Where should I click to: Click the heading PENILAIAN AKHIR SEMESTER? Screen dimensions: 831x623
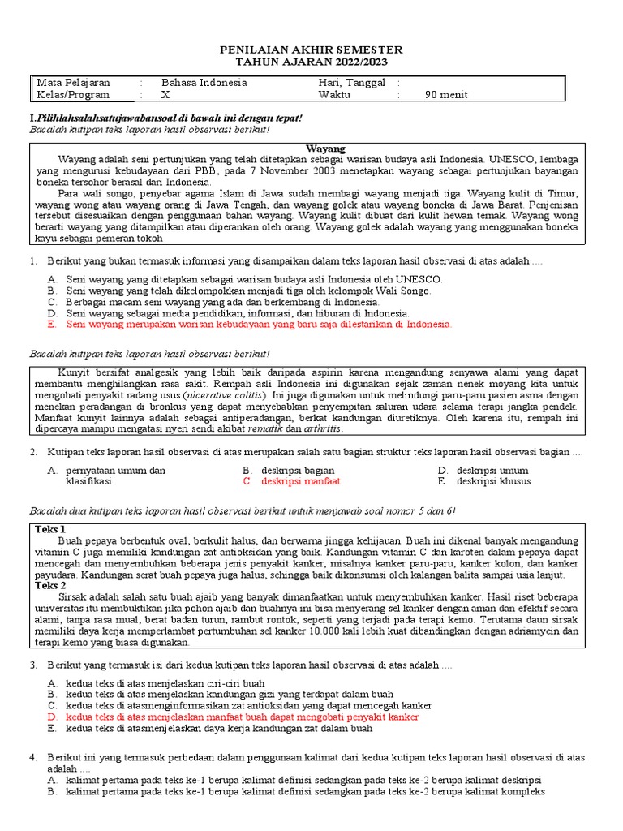pos(311,50)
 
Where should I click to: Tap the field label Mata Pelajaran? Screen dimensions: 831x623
pos(74,83)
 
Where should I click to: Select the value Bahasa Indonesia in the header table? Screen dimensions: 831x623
pos(204,83)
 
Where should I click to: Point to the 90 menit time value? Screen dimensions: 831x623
pos(446,95)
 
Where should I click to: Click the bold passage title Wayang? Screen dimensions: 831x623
pos(325,149)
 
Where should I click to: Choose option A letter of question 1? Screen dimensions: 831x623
pos(51,278)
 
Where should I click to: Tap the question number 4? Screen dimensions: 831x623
pos(33,757)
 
